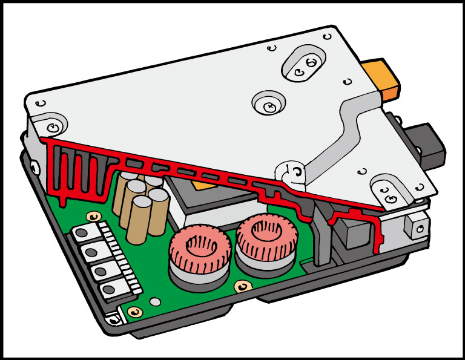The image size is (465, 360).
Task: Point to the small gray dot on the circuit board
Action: pos(156,301)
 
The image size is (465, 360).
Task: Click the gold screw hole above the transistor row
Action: pos(92,216)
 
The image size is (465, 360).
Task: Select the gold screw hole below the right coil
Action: pos(243,284)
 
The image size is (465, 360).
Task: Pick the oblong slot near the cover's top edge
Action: pos(304,64)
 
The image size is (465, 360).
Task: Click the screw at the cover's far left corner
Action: pos(54,128)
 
